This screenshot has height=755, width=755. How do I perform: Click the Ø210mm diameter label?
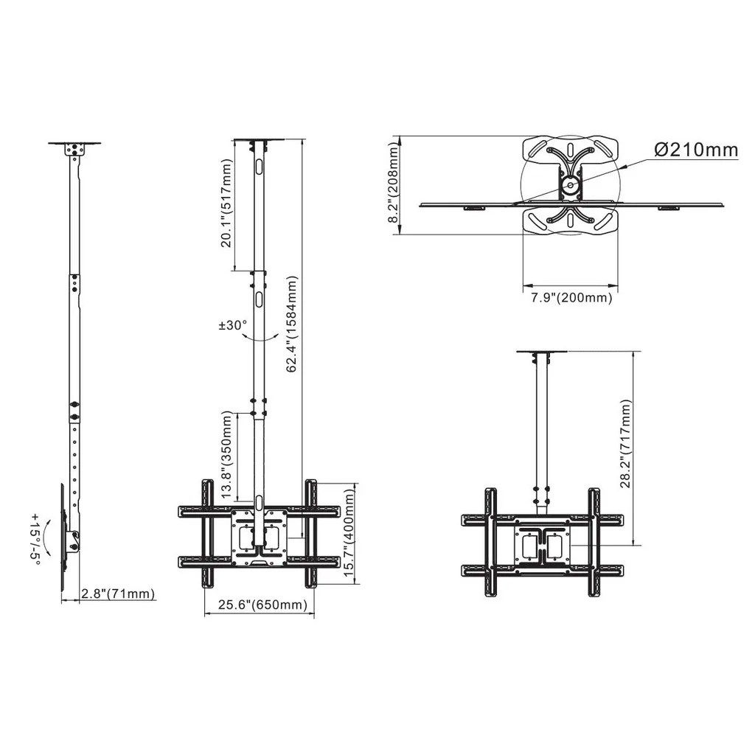[696, 150]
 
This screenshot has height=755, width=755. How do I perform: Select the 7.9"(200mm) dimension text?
[571, 299]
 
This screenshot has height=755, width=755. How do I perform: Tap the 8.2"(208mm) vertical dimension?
[394, 184]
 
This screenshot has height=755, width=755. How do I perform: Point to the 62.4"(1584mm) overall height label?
[292, 324]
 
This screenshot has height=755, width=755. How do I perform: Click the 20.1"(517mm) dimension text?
[226, 205]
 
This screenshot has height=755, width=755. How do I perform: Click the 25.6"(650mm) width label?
[262, 605]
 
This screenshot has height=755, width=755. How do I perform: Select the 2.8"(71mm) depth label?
[118, 594]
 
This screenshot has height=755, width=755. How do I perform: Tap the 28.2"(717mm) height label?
[625, 444]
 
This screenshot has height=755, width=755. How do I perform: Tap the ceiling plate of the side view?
[74, 144]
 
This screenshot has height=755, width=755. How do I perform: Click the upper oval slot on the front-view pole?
[259, 167]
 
